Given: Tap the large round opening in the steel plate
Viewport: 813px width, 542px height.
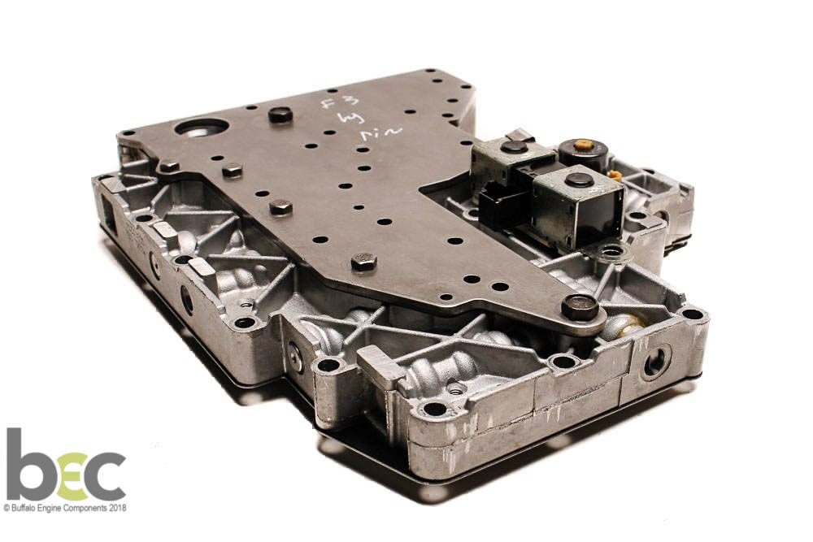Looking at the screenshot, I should [x=201, y=128].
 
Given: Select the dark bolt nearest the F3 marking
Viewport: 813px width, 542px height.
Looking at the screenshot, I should [x=280, y=115].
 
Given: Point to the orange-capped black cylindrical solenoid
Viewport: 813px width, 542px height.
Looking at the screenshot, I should [x=583, y=153].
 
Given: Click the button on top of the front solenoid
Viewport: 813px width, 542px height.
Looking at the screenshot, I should [x=579, y=179].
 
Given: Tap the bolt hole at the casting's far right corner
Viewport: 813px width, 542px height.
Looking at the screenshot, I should [x=692, y=314].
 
